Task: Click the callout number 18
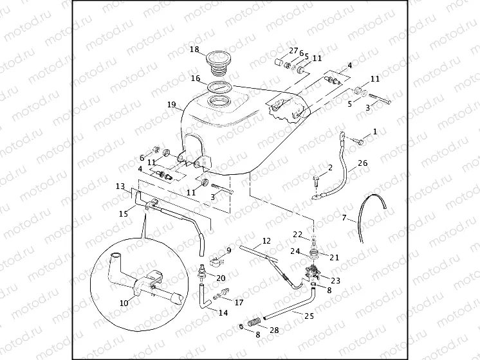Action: pyautogui.click(x=194, y=50)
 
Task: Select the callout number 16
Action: pyautogui.click(x=195, y=78)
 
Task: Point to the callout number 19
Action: pyautogui.click(x=171, y=104)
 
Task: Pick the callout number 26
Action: pyautogui.click(x=363, y=163)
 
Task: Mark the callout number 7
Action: pyautogui.click(x=344, y=219)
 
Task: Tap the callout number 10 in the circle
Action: pyautogui.click(x=125, y=302)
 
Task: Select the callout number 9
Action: pyautogui.click(x=228, y=250)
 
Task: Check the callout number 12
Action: pyautogui.click(x=266, y=242)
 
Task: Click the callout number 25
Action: pyautogui.click(x=309, y=316)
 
